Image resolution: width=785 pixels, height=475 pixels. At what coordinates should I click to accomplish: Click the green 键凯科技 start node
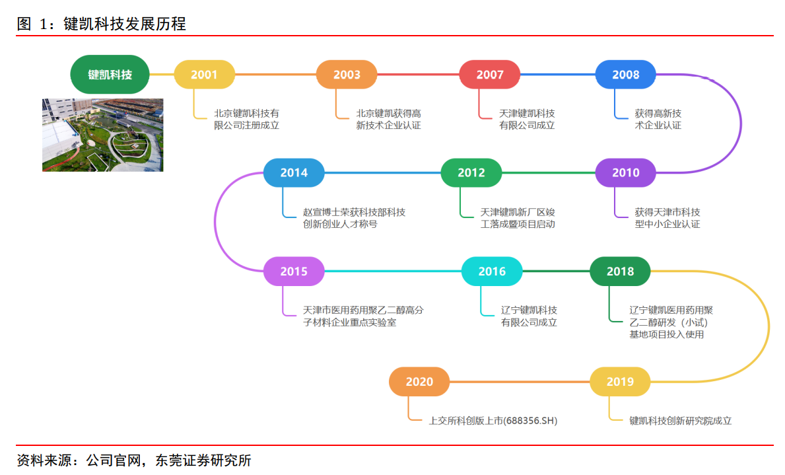click(x=110, y=75)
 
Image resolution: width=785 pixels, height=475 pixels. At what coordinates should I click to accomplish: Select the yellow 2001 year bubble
click(x=204, y=75)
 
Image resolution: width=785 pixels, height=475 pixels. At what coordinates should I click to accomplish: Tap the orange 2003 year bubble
click(x=347, y=75)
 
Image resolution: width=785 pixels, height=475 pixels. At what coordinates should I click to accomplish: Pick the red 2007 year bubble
click(x=490, y=75)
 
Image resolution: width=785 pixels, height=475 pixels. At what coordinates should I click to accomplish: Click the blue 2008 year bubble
click(x=626, y=75)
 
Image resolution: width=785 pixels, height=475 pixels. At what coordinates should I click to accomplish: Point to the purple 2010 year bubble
click(x=626, y=173)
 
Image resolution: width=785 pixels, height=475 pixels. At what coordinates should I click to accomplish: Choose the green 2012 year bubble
click(x=471, y=173)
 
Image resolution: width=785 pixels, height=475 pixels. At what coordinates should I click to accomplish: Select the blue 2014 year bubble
click(x=294, y=173)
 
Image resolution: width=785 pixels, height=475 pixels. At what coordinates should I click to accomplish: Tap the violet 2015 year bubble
click(x=294, y=272)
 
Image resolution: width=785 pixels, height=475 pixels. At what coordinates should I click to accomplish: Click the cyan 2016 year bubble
click(x=492, y=272)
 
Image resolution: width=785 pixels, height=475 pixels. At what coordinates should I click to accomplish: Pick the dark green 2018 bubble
click(x=620, y=272)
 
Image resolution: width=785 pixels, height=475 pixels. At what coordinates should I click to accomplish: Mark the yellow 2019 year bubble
click(x=620, y=382)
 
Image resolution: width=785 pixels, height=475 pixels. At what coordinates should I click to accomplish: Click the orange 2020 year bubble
click(x=419, y=382)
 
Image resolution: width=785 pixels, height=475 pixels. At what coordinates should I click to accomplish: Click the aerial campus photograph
click(x=103, y=135)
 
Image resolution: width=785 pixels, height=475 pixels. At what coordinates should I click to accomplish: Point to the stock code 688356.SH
click(x=526, y=420)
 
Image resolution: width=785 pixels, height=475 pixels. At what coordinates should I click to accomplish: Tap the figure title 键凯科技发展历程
click(x=125, y=24)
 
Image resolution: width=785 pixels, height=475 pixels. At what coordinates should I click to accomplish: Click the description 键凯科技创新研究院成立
click(x=680, y=420)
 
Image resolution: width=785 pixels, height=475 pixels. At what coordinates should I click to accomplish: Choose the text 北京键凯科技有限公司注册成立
click(x=246, y=119)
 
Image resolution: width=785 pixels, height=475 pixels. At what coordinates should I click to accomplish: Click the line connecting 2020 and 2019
click(x=520, y=382)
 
